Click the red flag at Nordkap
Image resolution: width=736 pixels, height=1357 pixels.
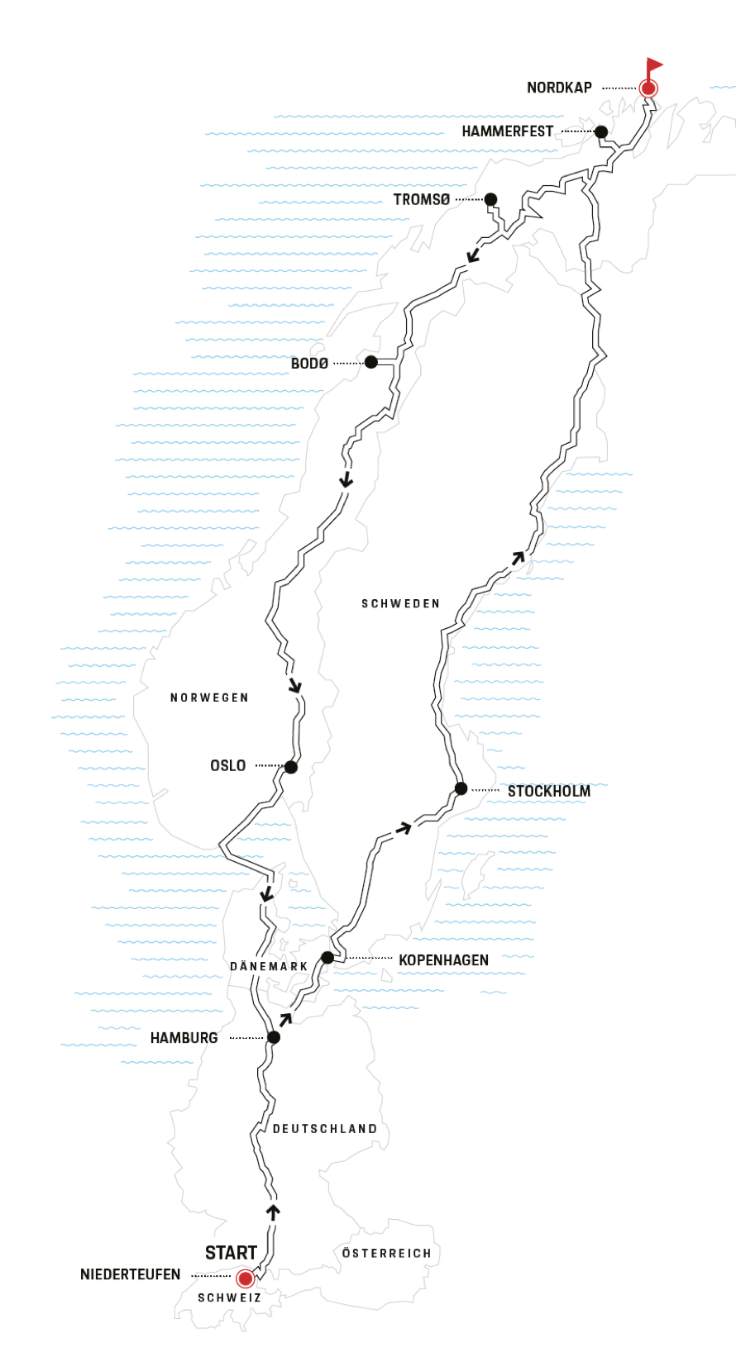pos(654,64)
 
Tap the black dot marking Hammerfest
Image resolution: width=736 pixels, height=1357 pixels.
pos(601,132)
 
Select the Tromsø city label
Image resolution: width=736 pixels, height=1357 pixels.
pos(422,200)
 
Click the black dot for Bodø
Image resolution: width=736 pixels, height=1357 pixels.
pos(371,362)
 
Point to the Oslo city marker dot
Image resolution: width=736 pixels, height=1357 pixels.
pos(291,767)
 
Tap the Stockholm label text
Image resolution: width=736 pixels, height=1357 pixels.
pos(549,792)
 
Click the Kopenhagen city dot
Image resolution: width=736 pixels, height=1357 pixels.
pos(327,958)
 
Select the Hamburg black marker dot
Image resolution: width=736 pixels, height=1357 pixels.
pos(274,1037)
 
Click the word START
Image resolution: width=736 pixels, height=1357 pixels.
pos(231,1253)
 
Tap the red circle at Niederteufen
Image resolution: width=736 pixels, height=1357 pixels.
pos(246,1279)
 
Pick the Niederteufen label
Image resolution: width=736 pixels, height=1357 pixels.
pos(130,1274)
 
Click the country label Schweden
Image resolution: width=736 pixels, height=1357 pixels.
pos(400,604)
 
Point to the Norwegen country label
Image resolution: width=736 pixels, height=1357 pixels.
pos(209,698)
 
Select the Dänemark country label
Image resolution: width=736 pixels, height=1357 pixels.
pos(269,966)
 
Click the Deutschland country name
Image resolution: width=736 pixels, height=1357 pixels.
pos(325,1129)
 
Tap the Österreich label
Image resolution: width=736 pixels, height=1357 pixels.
pos(386,1254)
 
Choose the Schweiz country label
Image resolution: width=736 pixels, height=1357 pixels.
pos(229,1298)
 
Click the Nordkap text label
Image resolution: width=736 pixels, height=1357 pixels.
pos(559,88)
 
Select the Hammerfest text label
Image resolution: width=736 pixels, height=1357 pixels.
pos(507,131)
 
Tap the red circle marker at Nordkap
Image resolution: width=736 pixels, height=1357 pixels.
pos(649,88)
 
